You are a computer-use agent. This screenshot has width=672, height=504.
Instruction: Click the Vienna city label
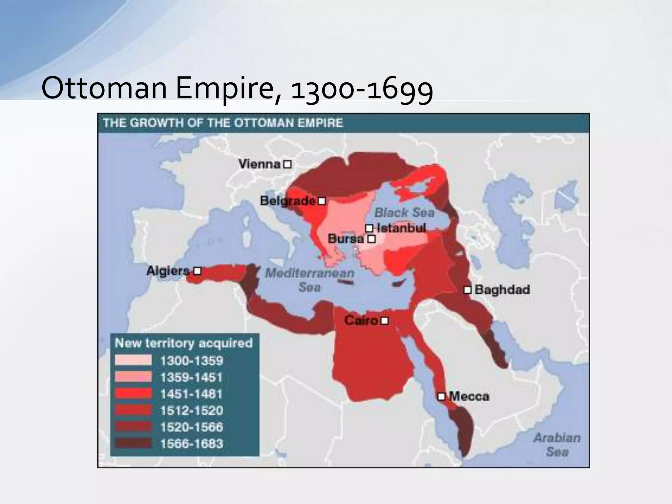click(260, 164)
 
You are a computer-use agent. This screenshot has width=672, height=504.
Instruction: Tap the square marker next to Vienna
click(287, 164)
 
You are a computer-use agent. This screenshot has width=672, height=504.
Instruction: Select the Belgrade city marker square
click(322, 200)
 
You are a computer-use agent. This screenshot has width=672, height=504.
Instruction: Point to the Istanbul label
click(401, 228)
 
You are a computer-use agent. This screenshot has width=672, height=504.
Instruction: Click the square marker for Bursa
click(371, 239)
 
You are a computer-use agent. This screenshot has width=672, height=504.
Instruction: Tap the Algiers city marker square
click(197, 271)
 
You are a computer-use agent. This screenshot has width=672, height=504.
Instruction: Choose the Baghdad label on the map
click(502, 289)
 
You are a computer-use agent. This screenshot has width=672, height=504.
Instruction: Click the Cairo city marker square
click(385, 320)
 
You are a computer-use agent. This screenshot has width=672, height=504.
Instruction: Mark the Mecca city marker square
click(442, 396)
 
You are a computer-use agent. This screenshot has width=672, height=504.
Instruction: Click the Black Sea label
click(404, 213)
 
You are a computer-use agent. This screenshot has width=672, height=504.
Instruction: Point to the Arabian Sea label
click(557, 445)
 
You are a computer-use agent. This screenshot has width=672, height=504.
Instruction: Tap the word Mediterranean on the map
click(309, 273)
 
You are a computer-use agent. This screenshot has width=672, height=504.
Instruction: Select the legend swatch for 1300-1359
click(133, 361)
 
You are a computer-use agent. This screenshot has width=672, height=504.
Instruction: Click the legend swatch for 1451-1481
click(133, 394)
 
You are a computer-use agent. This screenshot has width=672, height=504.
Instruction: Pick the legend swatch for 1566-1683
click(133, 444)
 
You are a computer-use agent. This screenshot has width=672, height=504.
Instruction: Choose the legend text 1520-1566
click(192, 427)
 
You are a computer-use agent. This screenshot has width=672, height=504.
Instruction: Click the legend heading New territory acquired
click(184, 343)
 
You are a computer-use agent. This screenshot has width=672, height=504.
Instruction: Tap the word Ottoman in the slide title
click(104, 89)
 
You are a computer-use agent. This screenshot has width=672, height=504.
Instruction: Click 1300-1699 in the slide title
click(362, 89)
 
